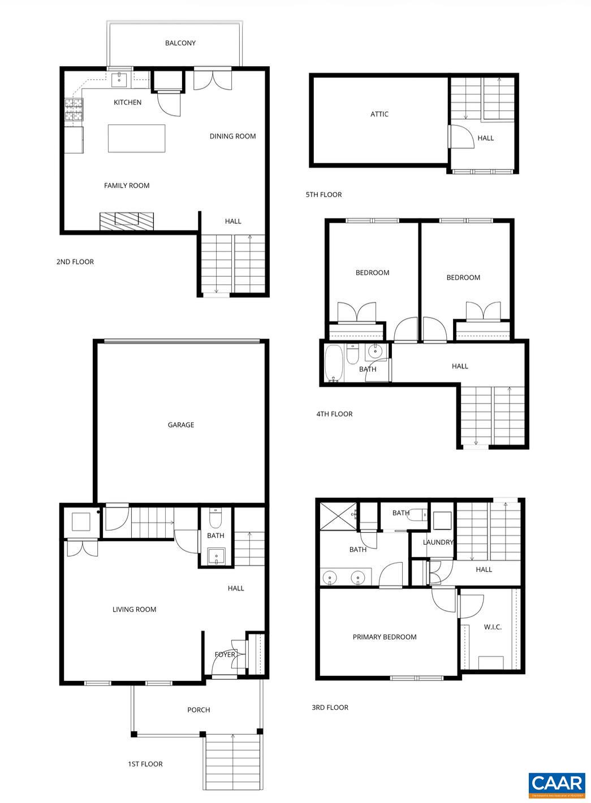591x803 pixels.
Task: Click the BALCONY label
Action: (x=180, y=43)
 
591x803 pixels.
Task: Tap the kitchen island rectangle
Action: (x=136, y=138)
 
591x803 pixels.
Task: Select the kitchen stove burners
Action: (x=73, y=110)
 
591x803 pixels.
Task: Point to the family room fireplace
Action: (x=127, y=220)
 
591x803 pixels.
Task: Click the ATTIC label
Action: (x=379, y=114)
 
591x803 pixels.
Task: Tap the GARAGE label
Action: (x=181, y=425)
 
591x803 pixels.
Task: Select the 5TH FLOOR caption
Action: (x=323, y=194)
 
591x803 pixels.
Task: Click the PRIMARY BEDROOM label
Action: (x=385, y=637)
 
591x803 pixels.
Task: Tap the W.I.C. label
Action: (x=493, y=627)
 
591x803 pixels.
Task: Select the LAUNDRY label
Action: (x=438, y=542)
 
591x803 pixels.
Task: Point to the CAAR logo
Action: (x=557, y=784)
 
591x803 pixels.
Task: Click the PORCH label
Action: (x=199, y=710)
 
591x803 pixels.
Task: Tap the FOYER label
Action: (x=225, y=654)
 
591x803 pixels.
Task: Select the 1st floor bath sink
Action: (x=216, y=556)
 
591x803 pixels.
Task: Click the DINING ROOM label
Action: (x=232, y=136)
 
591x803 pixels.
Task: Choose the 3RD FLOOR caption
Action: (x=330, y=707)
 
